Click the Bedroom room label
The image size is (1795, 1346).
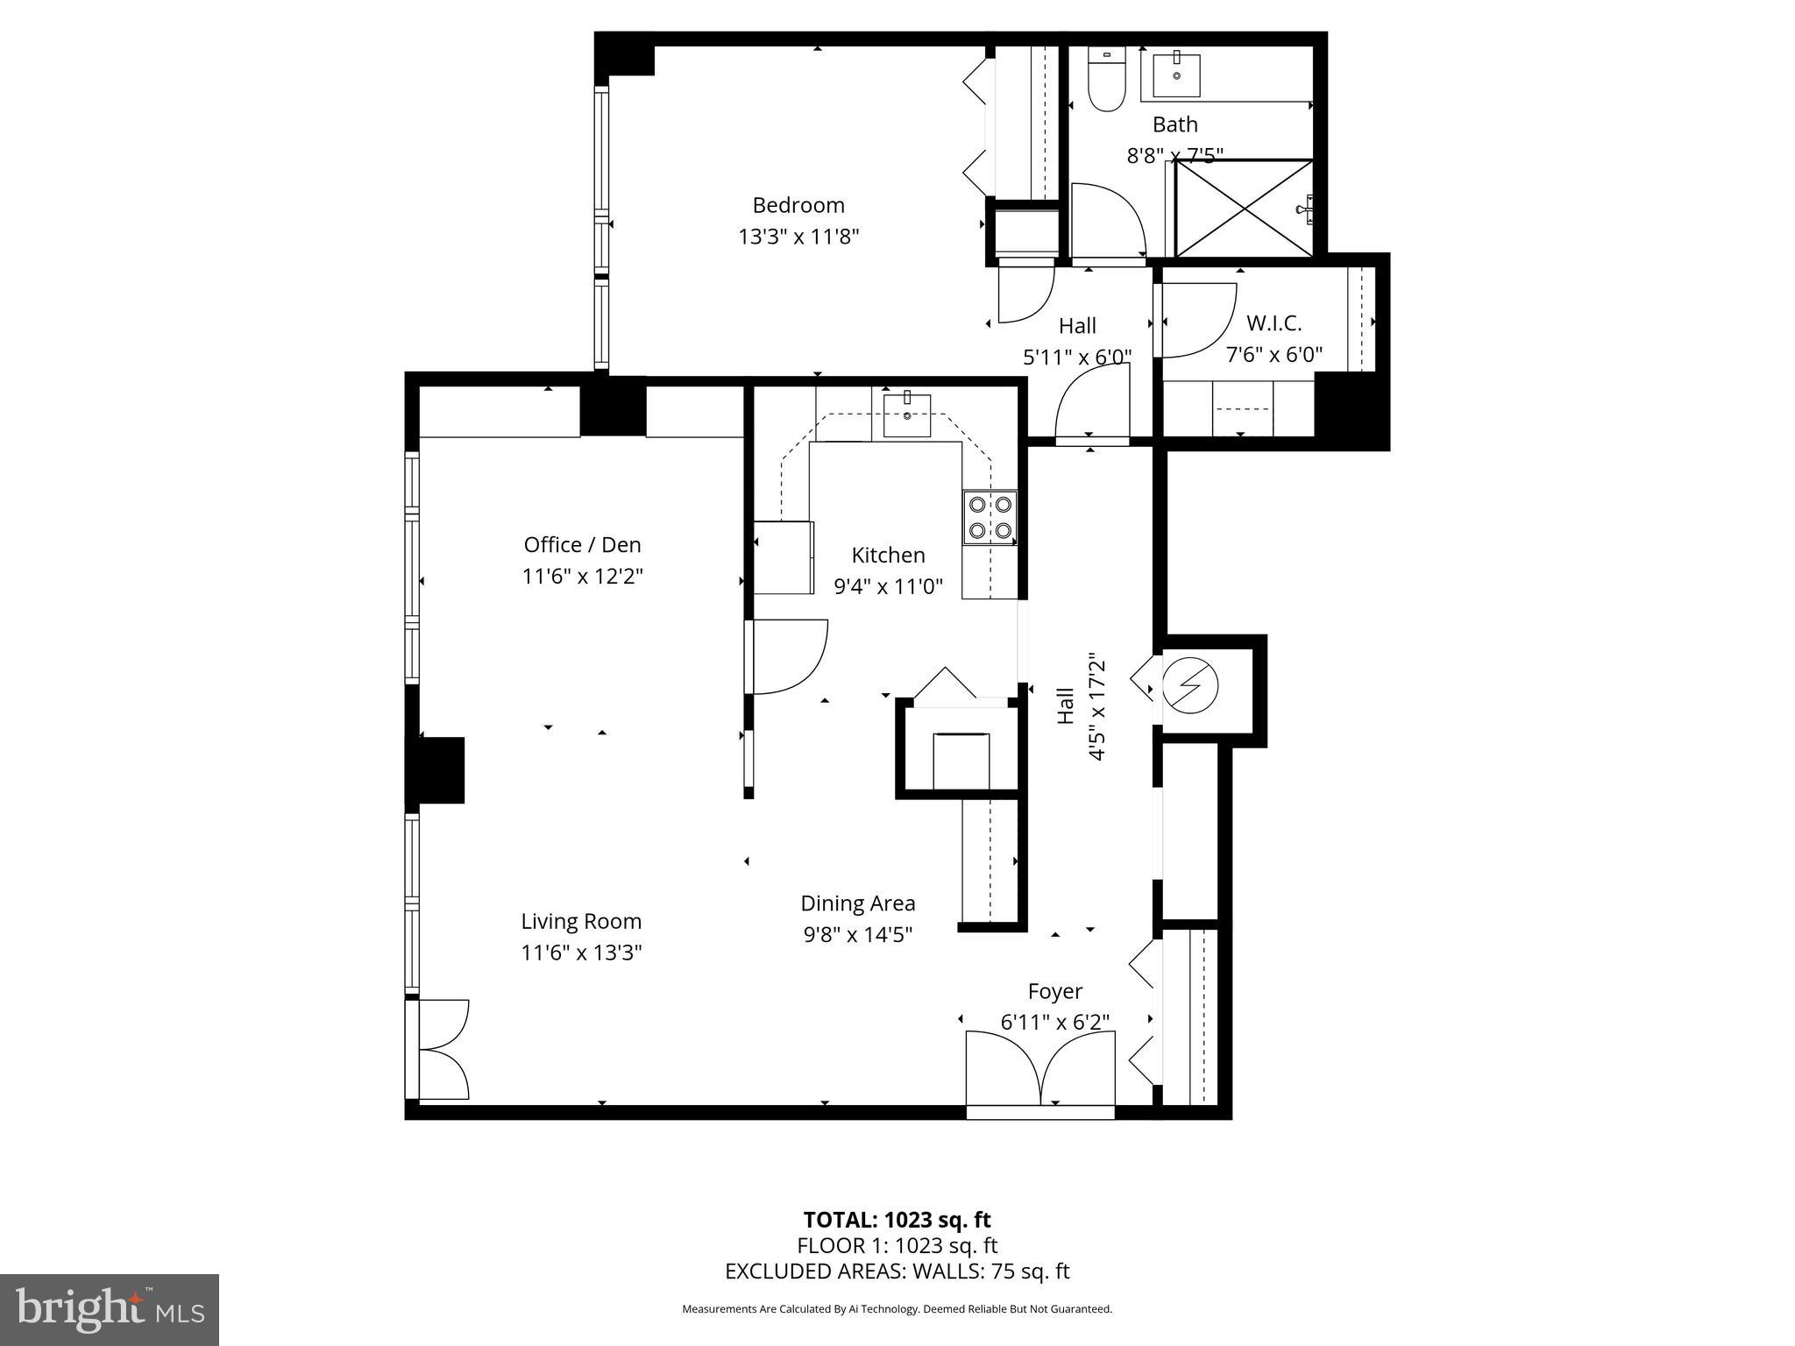(798, 205)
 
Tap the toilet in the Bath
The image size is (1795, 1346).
(1106, 78)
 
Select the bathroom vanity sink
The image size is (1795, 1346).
(1176, 74)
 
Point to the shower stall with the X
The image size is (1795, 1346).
(1243, 209)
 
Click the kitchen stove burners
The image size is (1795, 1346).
(990, 517)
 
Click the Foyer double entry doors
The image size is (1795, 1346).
(1040, 1069)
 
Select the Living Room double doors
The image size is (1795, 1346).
(443, 1049)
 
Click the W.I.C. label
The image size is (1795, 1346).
(1274, 323)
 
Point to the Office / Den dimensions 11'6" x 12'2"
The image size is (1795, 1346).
(583, 577)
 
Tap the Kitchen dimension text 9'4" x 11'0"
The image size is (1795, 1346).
(888, 586)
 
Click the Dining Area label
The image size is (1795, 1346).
(858, 903)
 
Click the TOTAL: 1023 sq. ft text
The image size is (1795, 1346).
(897, 1219)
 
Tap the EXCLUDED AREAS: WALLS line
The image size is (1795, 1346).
(897, 1271)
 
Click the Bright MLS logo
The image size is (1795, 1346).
(110, 1309)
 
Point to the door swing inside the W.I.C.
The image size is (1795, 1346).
(1200, 321)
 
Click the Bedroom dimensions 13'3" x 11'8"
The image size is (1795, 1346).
(798, 237)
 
